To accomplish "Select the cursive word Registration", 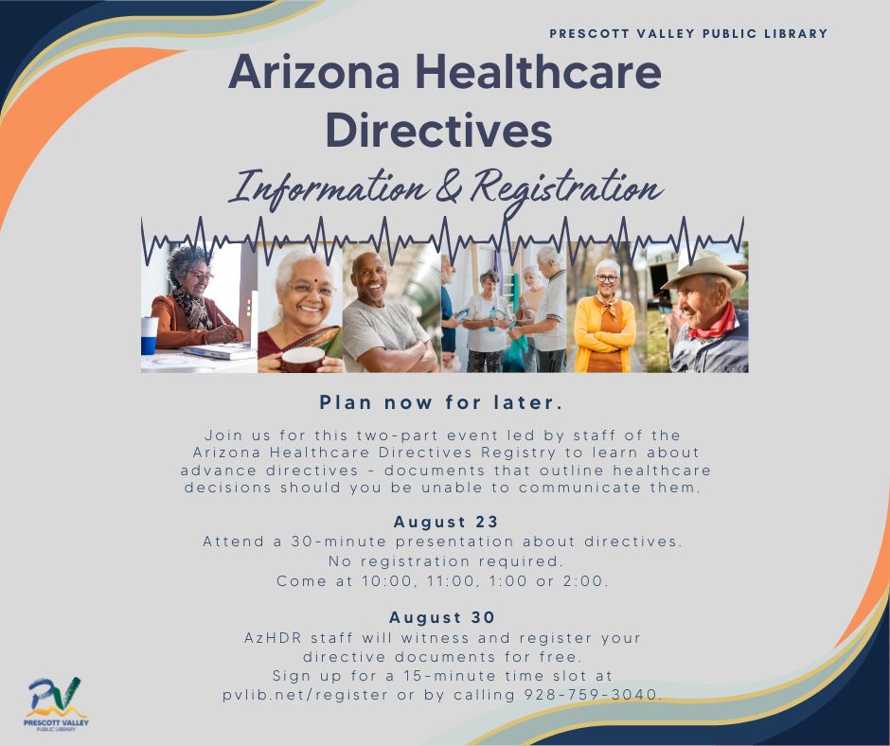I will [x=566, y=187].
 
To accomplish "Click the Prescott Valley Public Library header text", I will [x=688, y=34].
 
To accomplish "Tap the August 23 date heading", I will [x=446, y=522].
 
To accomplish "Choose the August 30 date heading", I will [x=442, y=618].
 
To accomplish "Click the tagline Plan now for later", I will [x=441, y=402].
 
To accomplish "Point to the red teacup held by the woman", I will [x=304, y=359].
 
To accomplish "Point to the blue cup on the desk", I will [x=150, y=334].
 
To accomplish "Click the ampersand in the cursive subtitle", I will [x=447, y=187].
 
